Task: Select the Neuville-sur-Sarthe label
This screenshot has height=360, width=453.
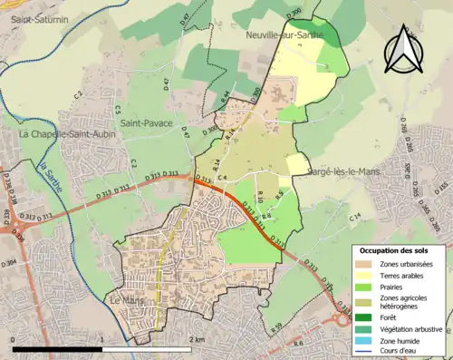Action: [x=284, y=34]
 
